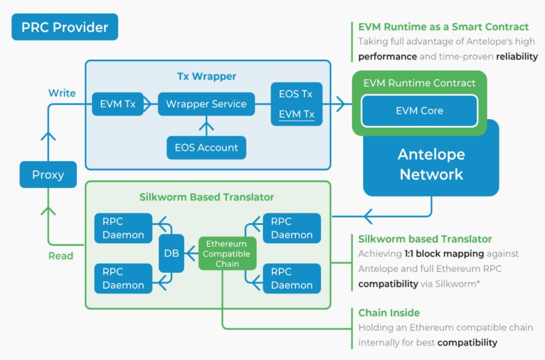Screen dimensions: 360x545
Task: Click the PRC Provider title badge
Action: pyautogui.click(x=65, y=27)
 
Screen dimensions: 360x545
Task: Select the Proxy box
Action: pyautogui.click(x=48, y=175)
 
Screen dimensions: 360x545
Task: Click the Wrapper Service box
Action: pyautogui.click(x=206, y=104)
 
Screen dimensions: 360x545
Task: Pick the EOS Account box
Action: pyautogui.click(x=206, y=148)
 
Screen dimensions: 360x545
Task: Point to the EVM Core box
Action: pyautogui.click(x=419, y=111)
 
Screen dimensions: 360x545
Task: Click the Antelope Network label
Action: pyautogui.click(x=431, y=165)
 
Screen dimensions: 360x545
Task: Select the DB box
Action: pyautogui.click(x=171, y=253)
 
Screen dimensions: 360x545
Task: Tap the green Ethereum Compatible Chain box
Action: pyautogui.click(x=228, y=254)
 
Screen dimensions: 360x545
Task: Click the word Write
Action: pyautogui.click(x=62, y=93)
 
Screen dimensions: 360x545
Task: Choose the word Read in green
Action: pyautogui.click(x=61, y=256)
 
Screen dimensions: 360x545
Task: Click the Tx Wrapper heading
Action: pyautogui.click(x=207, y=76)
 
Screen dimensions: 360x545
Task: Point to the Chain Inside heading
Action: pyautogui.click(x=389, y=313)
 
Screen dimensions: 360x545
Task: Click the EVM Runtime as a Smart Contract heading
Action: pyautogui.click(x=443, y=27)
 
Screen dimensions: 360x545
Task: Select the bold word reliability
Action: pyautogui.click(x=517, y=57)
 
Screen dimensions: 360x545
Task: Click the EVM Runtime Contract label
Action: pyautogui.click(x=419, y=83)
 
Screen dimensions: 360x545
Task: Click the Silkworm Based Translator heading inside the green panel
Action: pyautogui.click(x=207, y=196)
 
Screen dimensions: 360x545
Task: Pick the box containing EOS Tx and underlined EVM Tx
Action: pyautogui.click(x=296, y=104)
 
